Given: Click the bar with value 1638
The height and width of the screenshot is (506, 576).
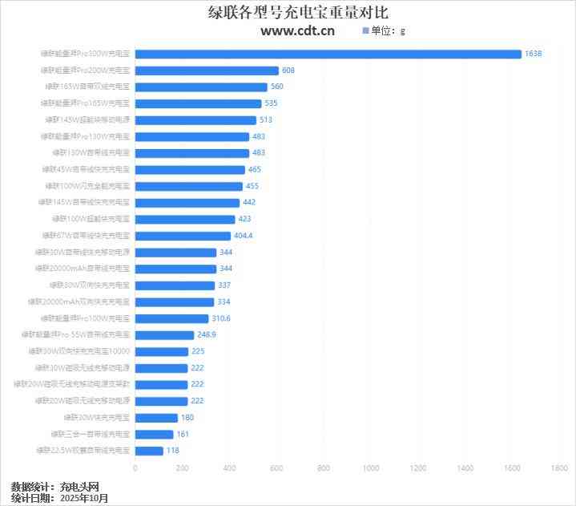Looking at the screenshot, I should (x=328, y=54).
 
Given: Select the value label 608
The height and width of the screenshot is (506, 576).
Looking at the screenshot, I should (x=288, y=71).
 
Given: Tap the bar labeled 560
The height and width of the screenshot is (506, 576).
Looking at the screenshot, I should (x=201, y=87).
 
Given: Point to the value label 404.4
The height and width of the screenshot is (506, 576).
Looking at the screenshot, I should (x=243, y=236).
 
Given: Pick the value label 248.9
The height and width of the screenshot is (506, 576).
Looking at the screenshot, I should (x=207, y=335).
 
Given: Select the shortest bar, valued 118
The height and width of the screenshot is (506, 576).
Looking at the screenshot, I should (x=149, y=451).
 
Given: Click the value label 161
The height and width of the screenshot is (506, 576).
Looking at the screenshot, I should (x=183, y=434).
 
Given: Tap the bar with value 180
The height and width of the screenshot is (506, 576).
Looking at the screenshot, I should (x=156, y=418).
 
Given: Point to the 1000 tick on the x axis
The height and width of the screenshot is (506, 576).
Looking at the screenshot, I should (x=371, y=468).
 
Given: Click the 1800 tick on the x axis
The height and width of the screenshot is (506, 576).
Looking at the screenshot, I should (x=559, y=468).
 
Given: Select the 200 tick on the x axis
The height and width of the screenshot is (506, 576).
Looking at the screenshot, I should (x=182, y=468).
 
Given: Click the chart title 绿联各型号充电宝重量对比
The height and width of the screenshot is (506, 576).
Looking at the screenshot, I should (x=288, y=13).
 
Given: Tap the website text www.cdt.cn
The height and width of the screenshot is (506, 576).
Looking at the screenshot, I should (x=297, y=31).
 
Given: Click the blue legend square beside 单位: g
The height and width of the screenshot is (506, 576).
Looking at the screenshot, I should (x=365, y=30).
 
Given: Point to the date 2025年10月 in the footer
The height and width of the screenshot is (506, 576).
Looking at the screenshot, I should (x=84, y=498).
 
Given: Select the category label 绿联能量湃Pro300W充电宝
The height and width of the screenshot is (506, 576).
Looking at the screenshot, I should (x=85, y=54).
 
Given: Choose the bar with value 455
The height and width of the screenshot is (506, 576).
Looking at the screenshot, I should (x=188, y=186).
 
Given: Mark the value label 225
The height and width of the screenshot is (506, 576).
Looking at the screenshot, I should (x=199, y=351).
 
